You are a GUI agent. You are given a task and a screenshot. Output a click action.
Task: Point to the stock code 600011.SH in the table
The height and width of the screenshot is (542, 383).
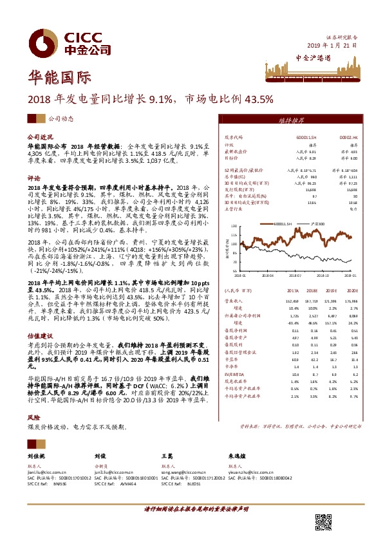(x=305, y=138)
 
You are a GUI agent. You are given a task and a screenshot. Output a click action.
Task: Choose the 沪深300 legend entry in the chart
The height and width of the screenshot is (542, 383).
(x=317, y=223)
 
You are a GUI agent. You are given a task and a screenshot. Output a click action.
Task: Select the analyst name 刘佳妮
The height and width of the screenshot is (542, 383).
(x=36, y=455)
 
